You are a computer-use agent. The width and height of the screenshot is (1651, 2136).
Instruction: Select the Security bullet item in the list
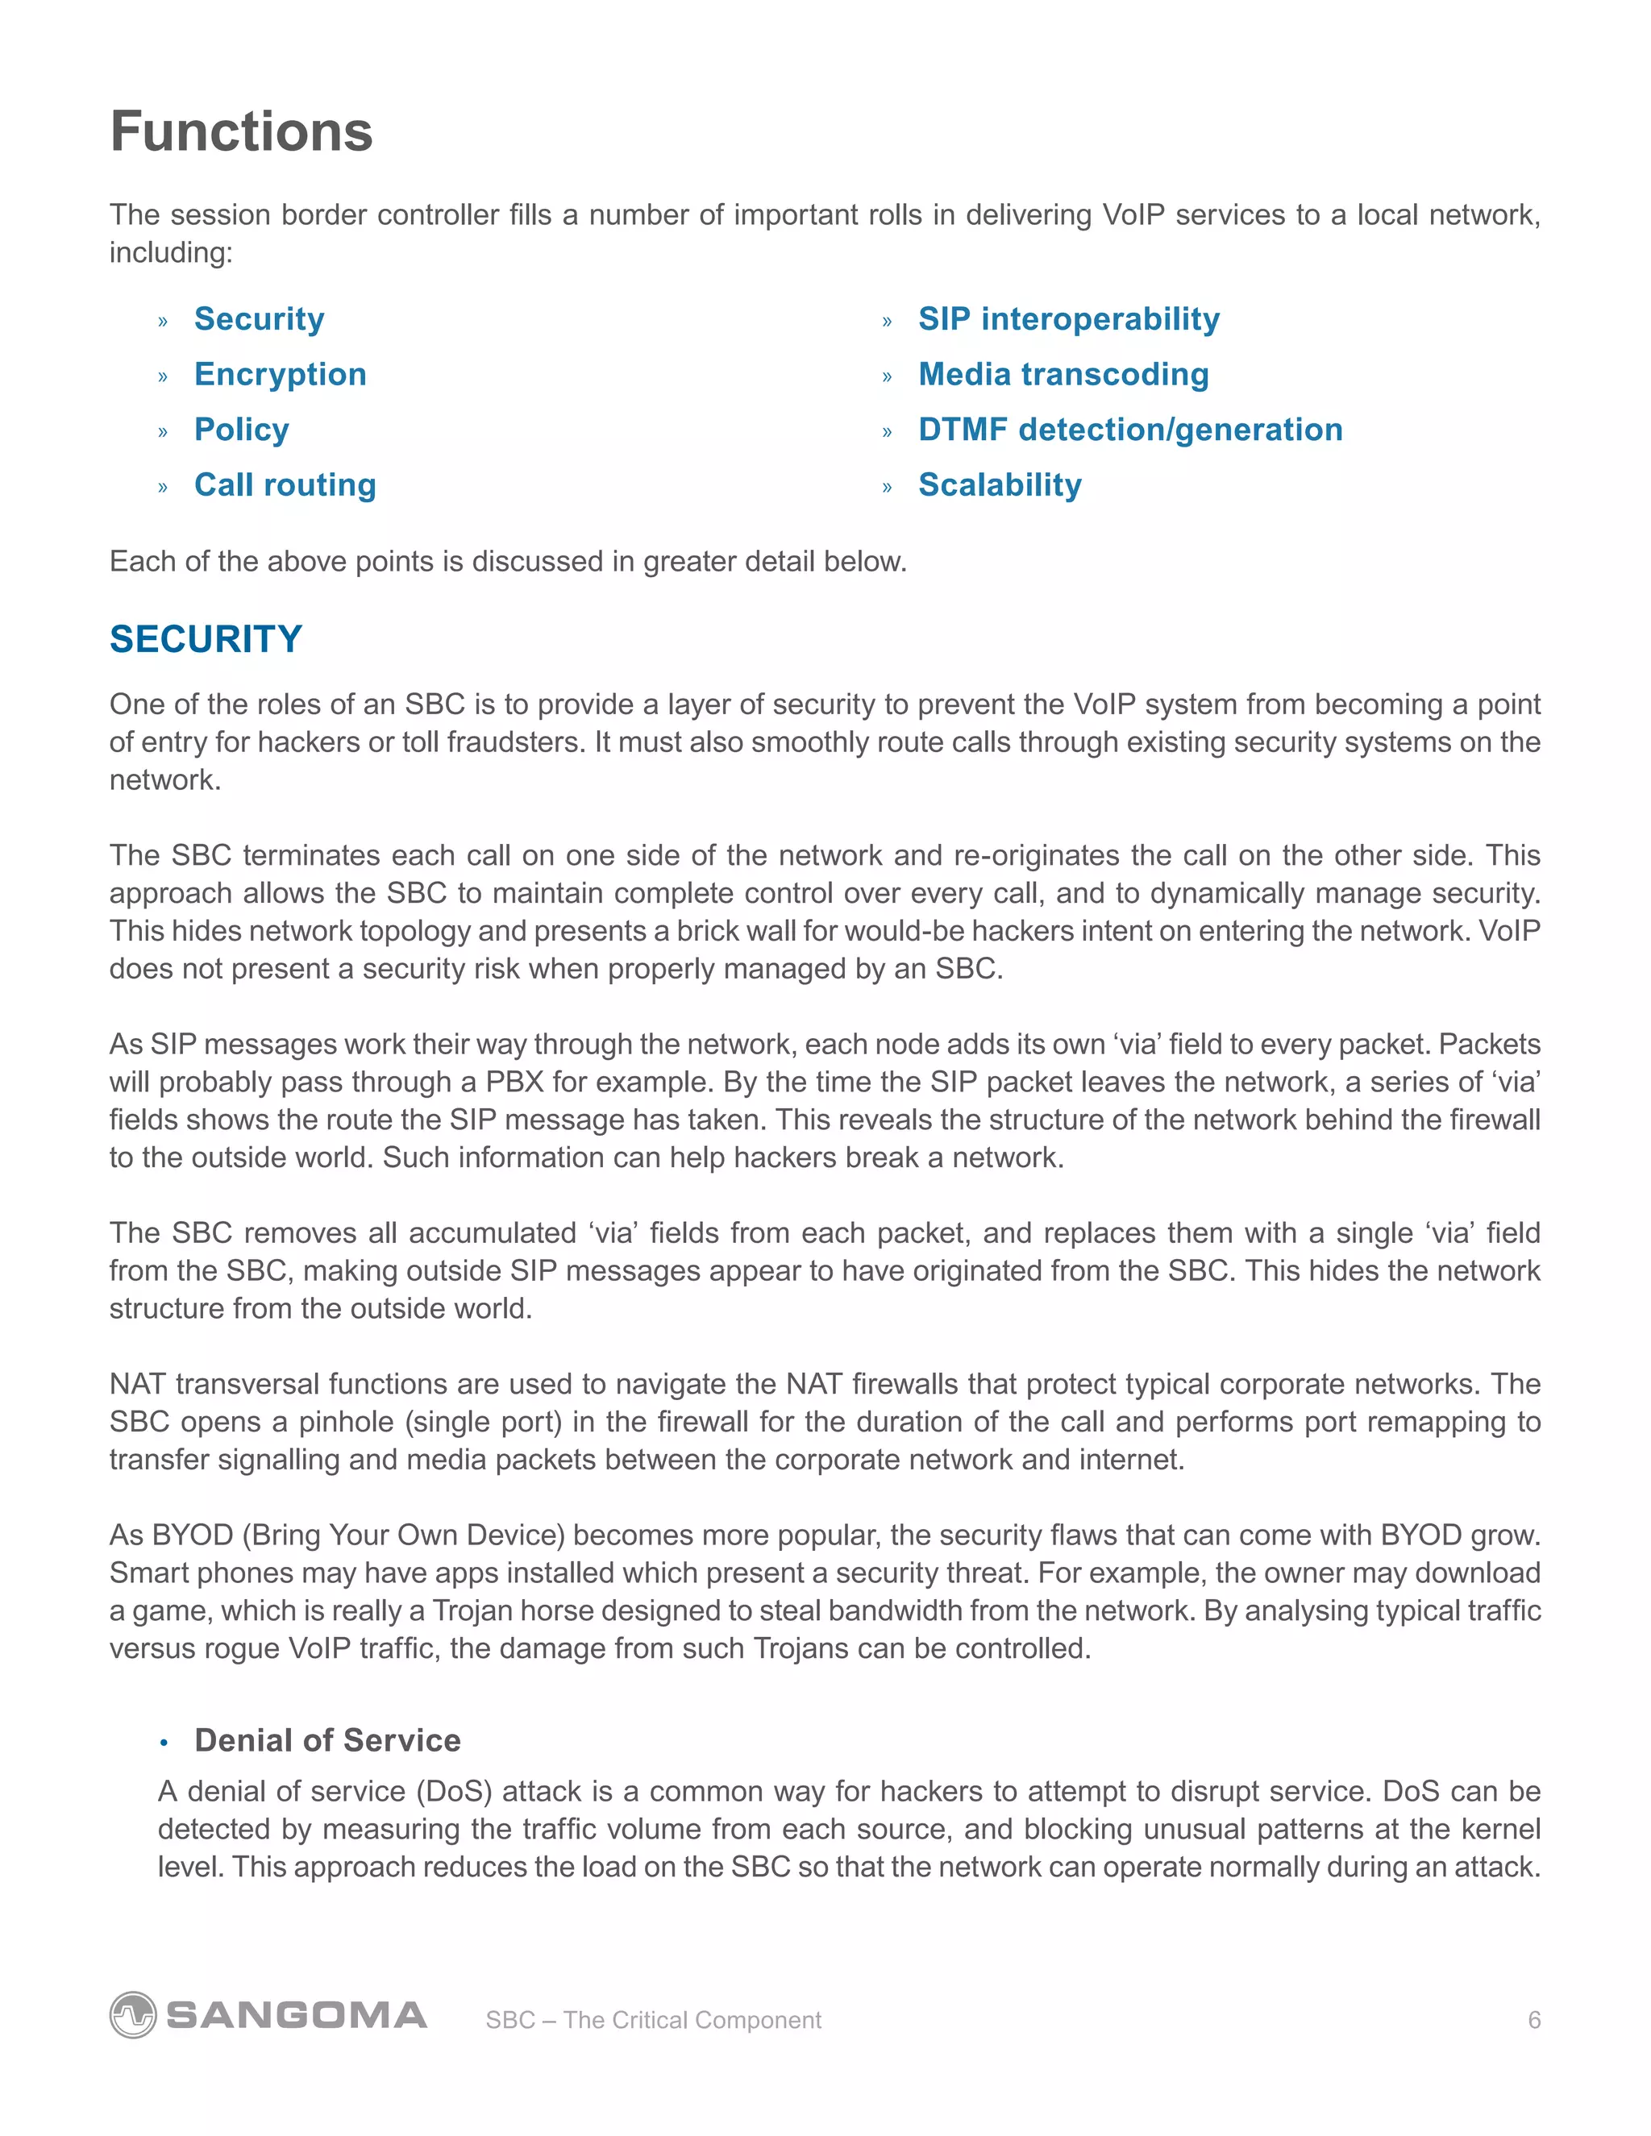[260, 319]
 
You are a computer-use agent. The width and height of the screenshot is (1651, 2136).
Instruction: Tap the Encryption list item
[280, 375]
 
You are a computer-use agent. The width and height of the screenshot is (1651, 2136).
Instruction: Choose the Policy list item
[242, 430]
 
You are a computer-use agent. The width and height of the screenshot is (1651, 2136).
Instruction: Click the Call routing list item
[285, 485]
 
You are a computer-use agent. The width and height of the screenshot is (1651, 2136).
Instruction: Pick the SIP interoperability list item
[1068, 319]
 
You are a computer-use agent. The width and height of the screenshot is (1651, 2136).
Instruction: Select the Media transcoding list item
[1063, 375]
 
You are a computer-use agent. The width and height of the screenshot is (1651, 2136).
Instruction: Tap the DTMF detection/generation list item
[1129, 430]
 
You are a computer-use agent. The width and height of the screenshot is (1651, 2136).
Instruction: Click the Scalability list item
[1000, 485]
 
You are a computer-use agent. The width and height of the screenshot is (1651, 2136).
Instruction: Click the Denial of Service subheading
[326, 1740]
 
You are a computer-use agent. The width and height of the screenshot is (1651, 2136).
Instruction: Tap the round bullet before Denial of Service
[164, 1742]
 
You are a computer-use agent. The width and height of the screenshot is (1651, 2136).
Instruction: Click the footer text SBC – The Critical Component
[653, 2020]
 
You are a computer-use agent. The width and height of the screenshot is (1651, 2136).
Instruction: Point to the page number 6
[1533, 2020]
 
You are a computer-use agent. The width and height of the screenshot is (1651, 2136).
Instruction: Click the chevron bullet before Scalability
[887, 487]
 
